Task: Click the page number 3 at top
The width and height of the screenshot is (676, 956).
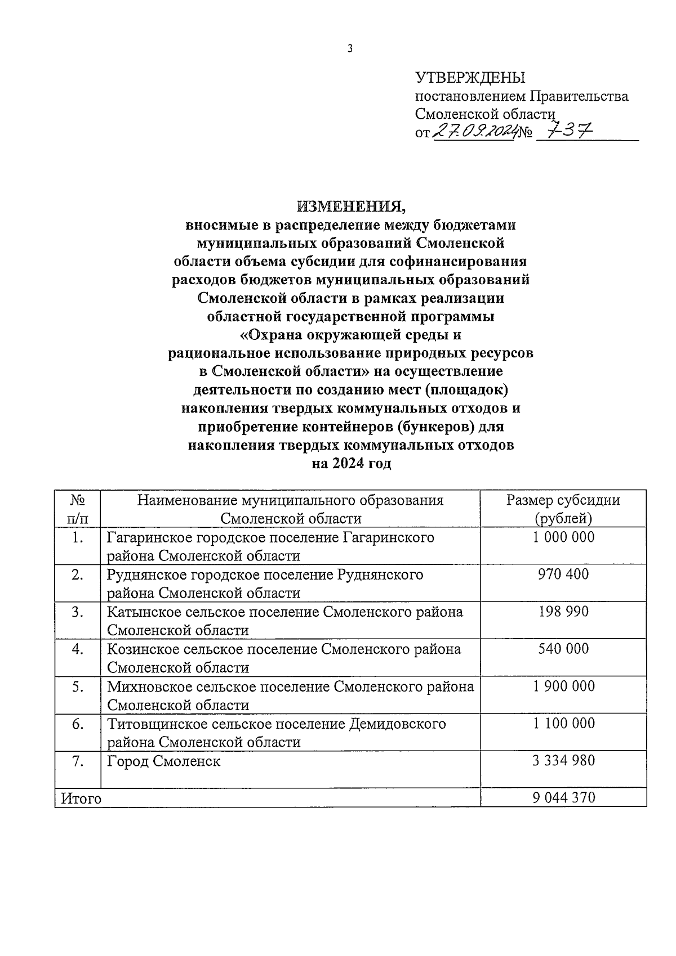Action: point(350,50)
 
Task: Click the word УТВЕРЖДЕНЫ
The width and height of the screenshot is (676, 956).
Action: point(470,78)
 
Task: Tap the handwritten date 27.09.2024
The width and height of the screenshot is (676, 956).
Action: point(475,132)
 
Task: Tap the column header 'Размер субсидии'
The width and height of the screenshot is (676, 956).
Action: point(563,500)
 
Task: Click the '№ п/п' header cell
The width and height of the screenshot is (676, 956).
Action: point(78,509)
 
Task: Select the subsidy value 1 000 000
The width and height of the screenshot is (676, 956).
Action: point(563,537)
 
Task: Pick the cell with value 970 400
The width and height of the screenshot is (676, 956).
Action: point(563,575)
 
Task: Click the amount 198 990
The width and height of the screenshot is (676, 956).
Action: point(563,612)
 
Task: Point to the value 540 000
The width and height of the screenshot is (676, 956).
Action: point(563,649)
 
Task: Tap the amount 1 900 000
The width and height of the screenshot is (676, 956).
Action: point(563,686)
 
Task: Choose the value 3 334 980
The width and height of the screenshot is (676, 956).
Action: point(563,761)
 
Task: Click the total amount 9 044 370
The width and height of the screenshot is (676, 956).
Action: point(563,797)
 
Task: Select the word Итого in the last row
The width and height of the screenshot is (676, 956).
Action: point(81,798)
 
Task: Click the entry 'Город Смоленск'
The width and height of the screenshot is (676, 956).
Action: point(164,761)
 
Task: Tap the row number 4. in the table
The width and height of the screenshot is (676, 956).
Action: point(78,649)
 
